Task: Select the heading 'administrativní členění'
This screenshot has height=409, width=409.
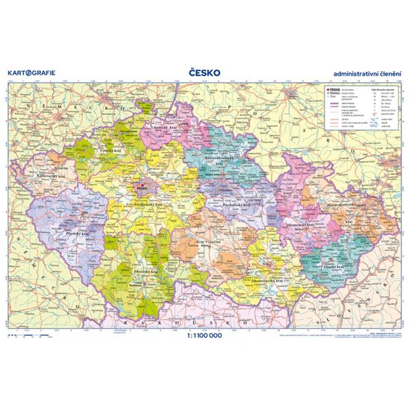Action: (365, 73)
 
